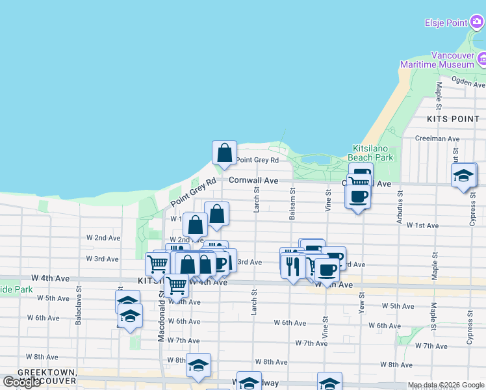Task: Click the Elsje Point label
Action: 446,23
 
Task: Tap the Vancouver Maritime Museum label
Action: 437,60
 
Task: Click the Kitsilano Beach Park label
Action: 372,153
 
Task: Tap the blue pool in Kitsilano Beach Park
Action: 316,159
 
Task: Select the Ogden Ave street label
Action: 469,84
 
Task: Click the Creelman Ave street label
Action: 437,138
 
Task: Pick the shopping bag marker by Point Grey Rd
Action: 224,153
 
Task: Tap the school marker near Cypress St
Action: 464,176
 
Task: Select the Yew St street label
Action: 362,300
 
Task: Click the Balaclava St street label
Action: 79,304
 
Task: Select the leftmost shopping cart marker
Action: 157,264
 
